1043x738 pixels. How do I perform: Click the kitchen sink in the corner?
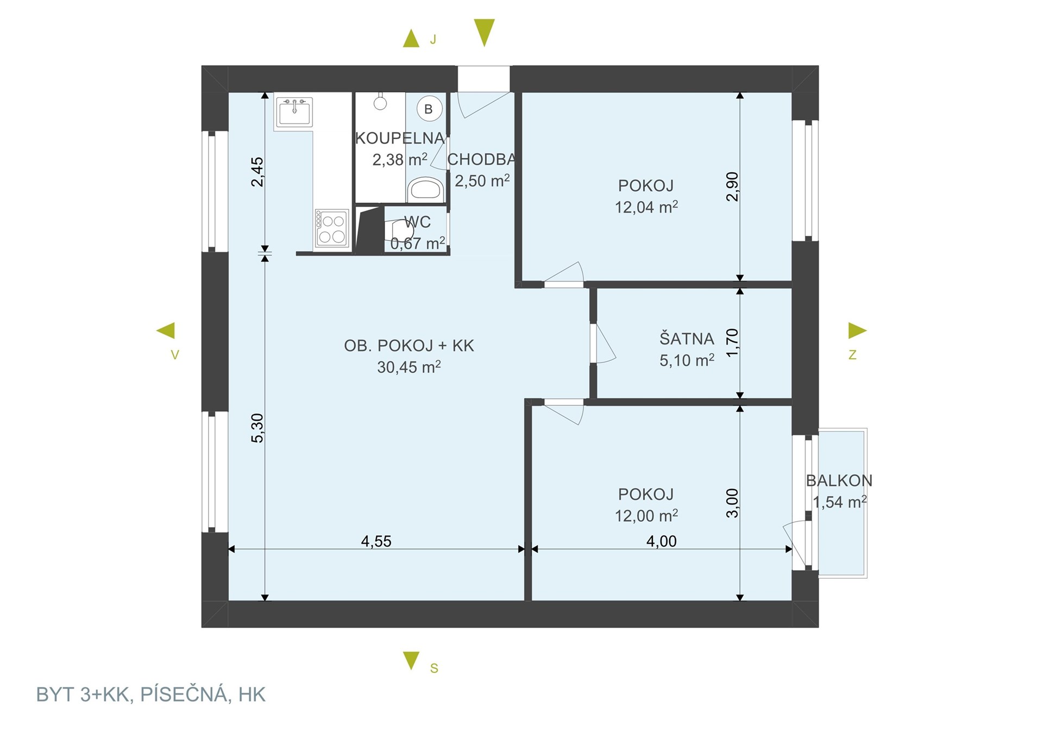(294, 112)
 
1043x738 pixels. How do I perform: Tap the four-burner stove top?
(331, 229)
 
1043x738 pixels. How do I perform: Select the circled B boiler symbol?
(429, 109)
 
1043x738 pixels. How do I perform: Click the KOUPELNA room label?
(400, 138)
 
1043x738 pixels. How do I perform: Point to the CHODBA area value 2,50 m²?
(482, 180)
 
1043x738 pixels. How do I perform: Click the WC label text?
(417, 222)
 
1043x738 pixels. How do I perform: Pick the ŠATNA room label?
(687, 339)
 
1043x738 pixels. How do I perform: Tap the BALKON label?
(839, 480)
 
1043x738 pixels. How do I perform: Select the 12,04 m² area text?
(646, 207)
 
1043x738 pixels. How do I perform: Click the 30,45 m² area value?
(409, 367)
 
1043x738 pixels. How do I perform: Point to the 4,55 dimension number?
(376, 541)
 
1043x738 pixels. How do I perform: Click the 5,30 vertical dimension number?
(257, 428)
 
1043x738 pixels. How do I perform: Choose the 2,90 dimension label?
(732, 186)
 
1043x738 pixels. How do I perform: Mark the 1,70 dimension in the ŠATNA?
(732, 342)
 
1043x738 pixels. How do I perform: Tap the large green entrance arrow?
(484, 33)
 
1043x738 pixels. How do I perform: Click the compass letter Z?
(852, 355)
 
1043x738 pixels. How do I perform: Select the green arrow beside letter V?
(166, 330)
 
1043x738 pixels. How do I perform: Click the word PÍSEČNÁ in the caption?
(184, 695)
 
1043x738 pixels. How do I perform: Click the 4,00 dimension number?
(661, 541)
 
